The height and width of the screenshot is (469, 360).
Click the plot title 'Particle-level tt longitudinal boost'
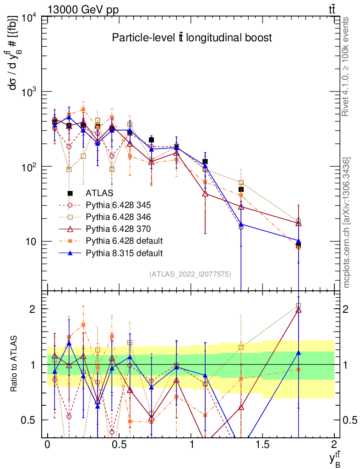(192, 38)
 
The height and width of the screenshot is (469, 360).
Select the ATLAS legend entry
(99, 193)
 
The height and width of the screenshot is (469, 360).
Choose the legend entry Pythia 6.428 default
(121, 241)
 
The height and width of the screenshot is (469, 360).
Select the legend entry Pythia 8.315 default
(121, 253)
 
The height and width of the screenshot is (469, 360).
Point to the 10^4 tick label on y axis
(31, 18)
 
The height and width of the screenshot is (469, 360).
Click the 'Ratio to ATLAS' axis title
(16, 364)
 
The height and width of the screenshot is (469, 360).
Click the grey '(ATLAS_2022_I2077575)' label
(190, 274)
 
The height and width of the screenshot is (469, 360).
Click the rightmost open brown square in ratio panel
(299, 305)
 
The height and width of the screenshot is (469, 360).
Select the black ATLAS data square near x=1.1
(205, 162)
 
